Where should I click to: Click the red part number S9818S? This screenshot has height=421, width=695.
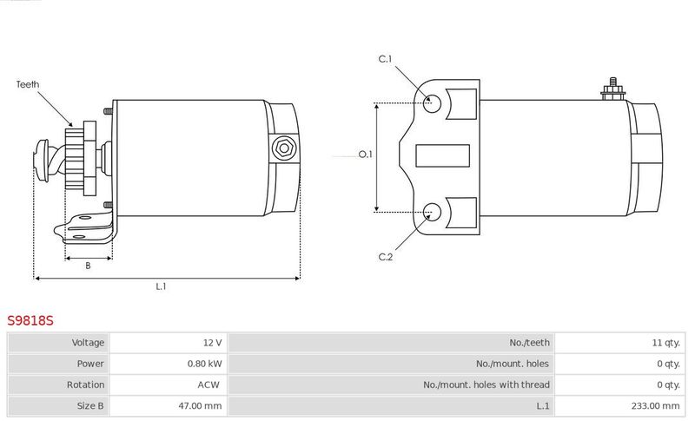coord(30,320)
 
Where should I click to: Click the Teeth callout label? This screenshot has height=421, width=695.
coord(28,84)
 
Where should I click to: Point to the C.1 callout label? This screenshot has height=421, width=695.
coord(385,59)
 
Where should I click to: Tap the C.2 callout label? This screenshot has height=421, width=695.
coord(386,257)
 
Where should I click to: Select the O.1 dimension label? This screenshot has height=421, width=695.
coord(365,155)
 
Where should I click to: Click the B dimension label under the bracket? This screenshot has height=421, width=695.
coord(88,266)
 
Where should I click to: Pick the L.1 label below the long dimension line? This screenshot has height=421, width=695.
coord(161,286)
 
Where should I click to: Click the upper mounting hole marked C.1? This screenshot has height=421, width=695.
coord(432,103)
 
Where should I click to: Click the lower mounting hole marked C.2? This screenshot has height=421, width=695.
coord(432,213)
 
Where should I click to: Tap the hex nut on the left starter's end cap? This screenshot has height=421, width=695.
coord(284,148)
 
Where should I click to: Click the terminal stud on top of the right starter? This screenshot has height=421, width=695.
coord(613,89)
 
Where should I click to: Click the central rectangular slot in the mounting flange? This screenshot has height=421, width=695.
coord(442,155)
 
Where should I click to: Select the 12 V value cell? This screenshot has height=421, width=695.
coord(212,343)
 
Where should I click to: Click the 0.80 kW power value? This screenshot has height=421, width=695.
coord(204,364)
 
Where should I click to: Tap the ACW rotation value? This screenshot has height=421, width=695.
coord(208,385)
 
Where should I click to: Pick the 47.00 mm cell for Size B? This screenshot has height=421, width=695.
coord(200,405)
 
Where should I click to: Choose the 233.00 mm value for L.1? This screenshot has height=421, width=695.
coord(656,405)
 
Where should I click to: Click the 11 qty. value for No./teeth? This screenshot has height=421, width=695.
coord(665,343)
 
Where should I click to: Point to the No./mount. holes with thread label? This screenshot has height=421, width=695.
coord(486,385)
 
